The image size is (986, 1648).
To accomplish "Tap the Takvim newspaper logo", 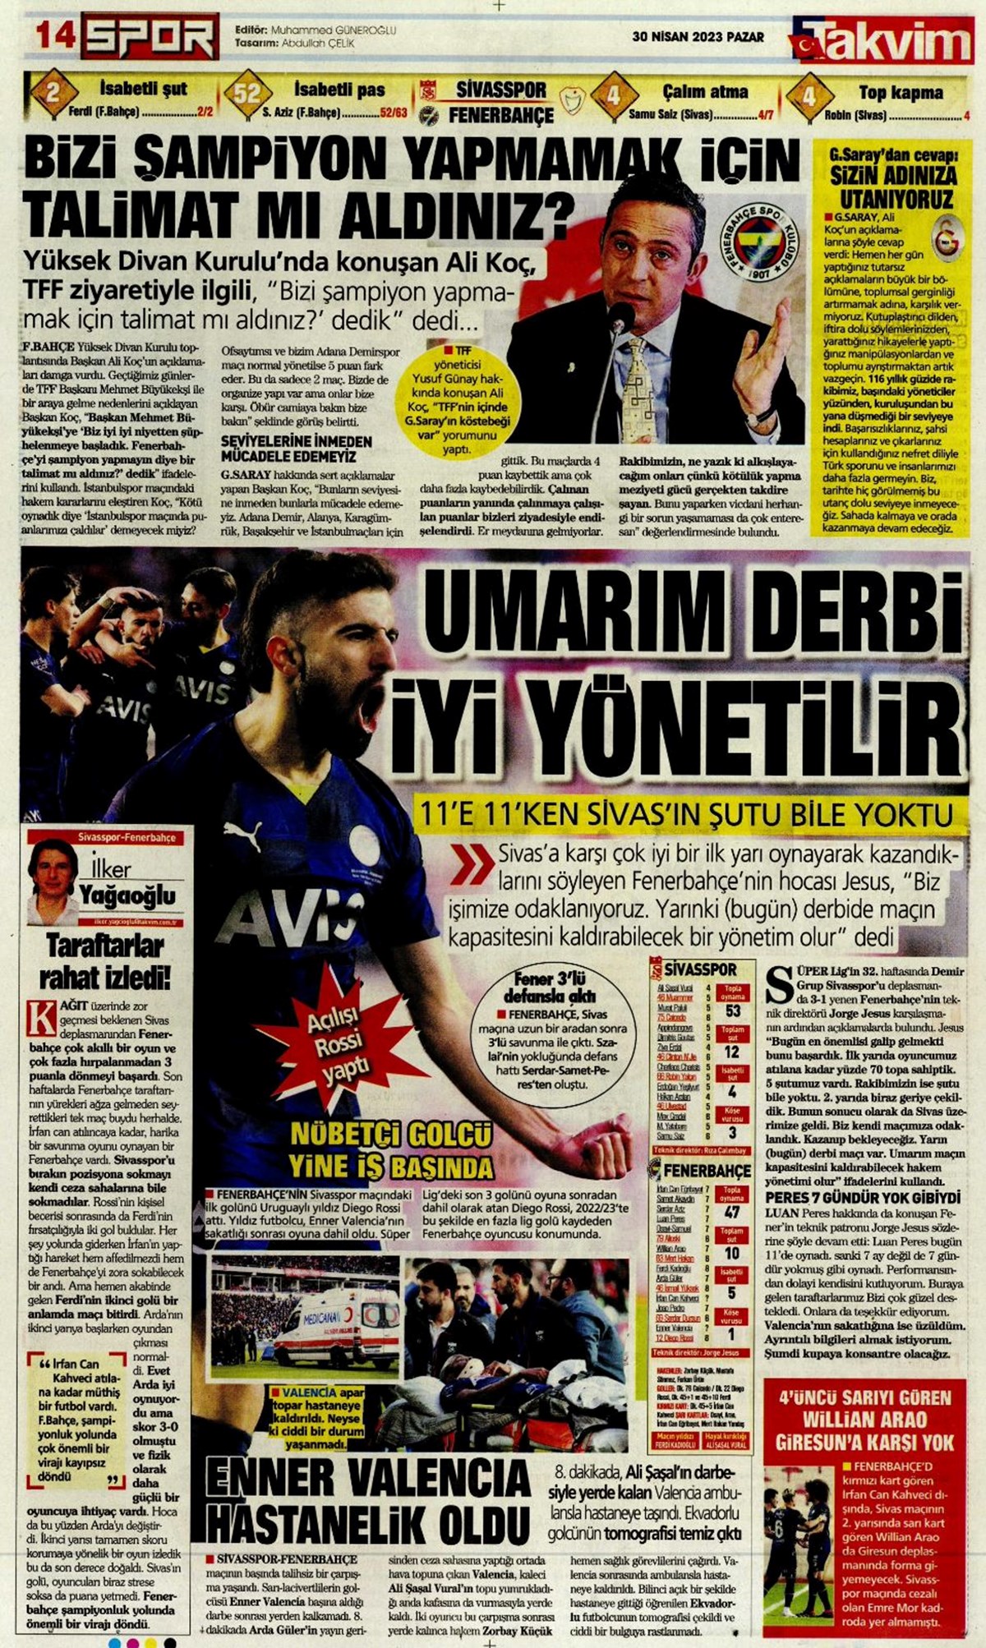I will point(883,42).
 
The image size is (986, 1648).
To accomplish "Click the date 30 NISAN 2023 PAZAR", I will point(698,37).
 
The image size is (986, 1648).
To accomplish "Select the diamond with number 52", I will point(247,93).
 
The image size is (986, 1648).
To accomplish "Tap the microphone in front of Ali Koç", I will point(622,316).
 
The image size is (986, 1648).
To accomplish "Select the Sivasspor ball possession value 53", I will point(733,1010).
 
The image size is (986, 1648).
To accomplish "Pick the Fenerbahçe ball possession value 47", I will point(733,1212).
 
